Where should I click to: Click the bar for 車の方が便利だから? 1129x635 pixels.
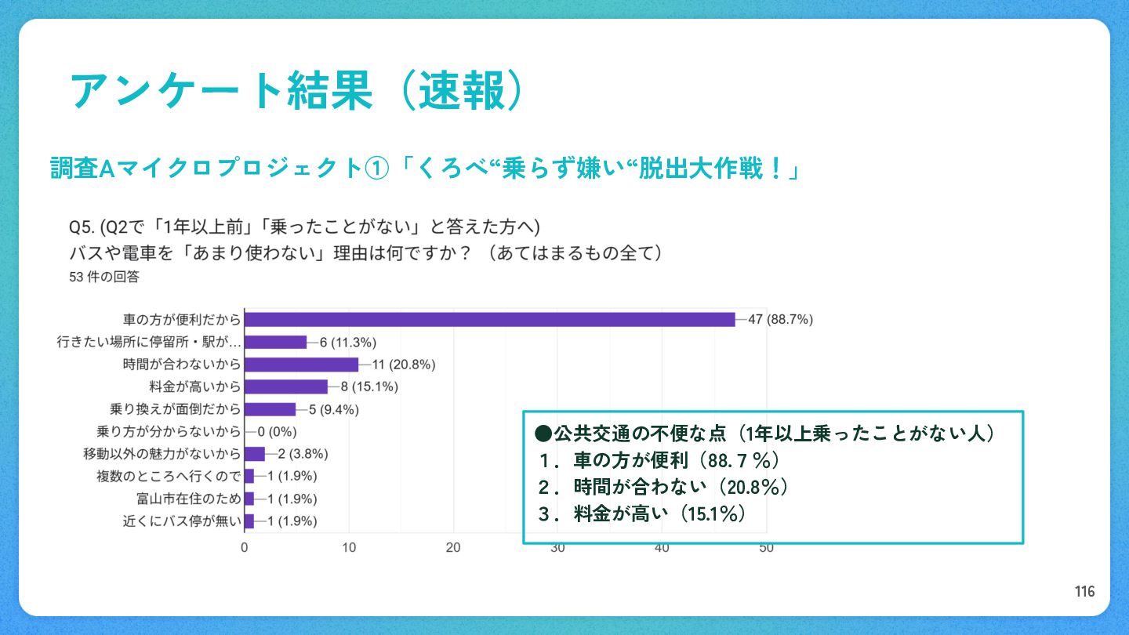pyautogui.click(x=490, y=320)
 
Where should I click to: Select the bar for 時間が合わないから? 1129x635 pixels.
pyautogui.click(x=301, y=365)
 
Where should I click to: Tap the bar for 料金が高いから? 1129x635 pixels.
pyautogui.click(x=286, y=386)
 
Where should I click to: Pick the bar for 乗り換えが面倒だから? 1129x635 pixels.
pyautogui.click(x=270, y=409)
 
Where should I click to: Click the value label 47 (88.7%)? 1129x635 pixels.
pyautogui.click(x=781, y=320)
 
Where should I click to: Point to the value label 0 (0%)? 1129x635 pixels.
pyautogui.click(x=278, y=431)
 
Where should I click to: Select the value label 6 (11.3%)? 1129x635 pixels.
pyautogui.click(x=348, y=343)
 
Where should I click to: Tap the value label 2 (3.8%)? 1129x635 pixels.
pyautogui.click(x=303, y=453)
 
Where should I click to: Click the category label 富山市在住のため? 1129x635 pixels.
pyautogui.click(x=188, y=499)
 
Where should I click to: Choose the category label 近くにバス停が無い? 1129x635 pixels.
pyautogui.click(x=182, y=521)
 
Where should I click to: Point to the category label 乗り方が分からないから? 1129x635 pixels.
pyautogui.click(x=169, y=431)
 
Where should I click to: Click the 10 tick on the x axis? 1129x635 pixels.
pyautogui.click(x=349, y=548)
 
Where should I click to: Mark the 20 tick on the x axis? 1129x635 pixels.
pyautogui.click(x=453, y=548)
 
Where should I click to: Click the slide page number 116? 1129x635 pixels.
pyautogui.click(x=1085, y=591)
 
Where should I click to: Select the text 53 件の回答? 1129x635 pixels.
pyautogui.click(x=104, y=277)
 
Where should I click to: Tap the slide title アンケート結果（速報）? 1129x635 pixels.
pyautogui.click(x=296, y=91)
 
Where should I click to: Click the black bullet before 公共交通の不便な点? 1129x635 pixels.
pyautogui.click(x=543, y=434)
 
